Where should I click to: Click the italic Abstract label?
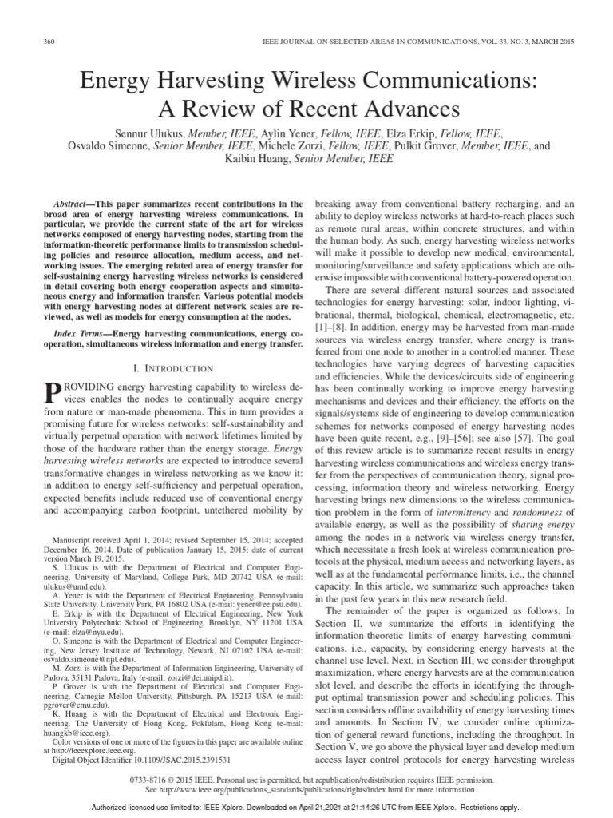coord(65,204)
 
